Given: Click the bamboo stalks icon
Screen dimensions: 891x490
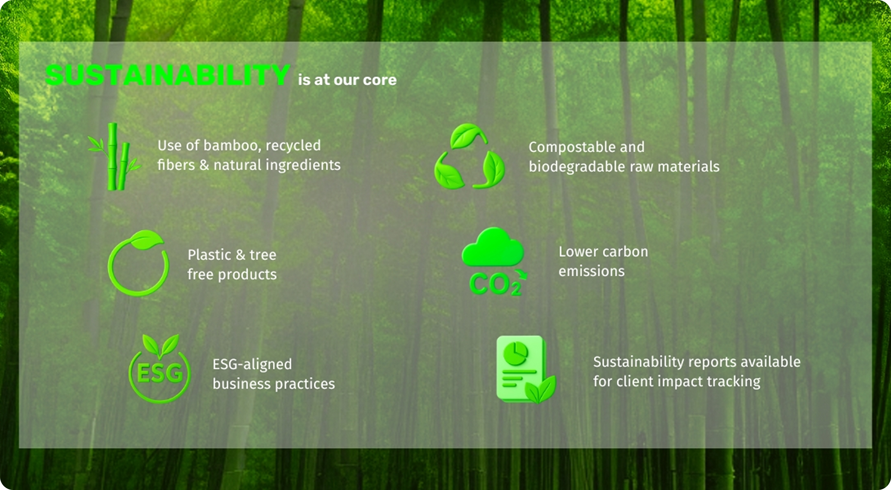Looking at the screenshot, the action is tap(114, 156).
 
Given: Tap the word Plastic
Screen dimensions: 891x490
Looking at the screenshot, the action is tap(209, 255).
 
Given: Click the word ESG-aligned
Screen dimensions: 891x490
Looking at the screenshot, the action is tap(252, 364).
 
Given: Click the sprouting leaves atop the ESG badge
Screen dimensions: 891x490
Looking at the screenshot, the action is tap(161, 346).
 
